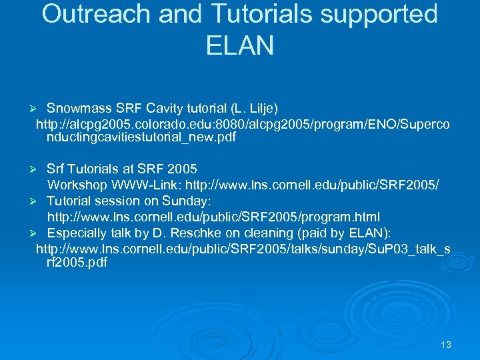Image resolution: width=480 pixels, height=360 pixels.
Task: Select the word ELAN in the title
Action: coord(240,45)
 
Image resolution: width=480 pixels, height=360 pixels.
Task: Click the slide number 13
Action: coord(446,345)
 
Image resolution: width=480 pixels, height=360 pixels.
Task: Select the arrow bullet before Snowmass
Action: coord(39,109)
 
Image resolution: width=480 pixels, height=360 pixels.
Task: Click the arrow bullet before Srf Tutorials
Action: coord(39,169)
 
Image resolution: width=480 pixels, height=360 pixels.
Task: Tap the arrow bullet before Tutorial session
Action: coord(39,201)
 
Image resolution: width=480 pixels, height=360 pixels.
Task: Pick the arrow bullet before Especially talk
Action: coord(39,233)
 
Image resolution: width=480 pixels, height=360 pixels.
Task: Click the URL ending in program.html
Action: coord(213,217)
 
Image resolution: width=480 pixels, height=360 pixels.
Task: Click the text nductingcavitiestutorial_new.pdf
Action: coord(141,139)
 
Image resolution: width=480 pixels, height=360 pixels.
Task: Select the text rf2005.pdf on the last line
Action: coord(77,263)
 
